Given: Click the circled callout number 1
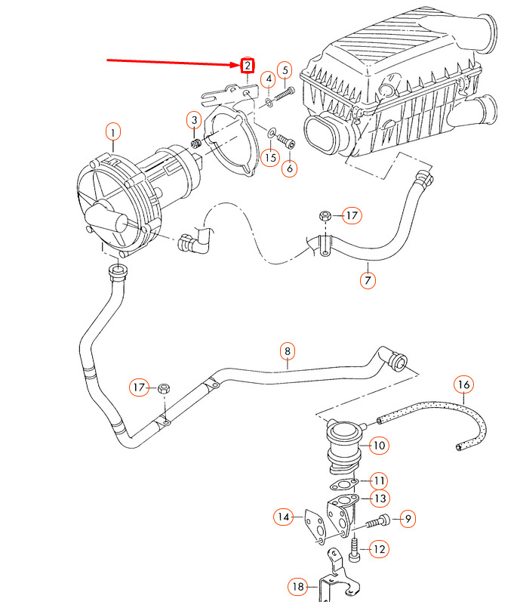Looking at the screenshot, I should (x=112, y=134).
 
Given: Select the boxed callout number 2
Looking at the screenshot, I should (x=248, y=66).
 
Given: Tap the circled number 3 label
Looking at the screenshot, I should (x=194, y=121).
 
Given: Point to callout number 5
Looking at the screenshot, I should (x=285, y=71).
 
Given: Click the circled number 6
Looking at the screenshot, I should (x=290, y=168).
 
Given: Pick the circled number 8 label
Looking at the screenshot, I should (x=287, y=351).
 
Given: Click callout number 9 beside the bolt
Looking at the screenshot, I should (x=407, y=518).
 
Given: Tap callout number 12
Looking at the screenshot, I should (x=379, y=549).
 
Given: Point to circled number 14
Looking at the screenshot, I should (x=282, y=517).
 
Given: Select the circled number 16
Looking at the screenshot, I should (x=464, y=385).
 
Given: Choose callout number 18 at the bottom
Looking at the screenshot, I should (x=297, y=585).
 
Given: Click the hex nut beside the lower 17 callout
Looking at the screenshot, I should (x=165, y=389).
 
